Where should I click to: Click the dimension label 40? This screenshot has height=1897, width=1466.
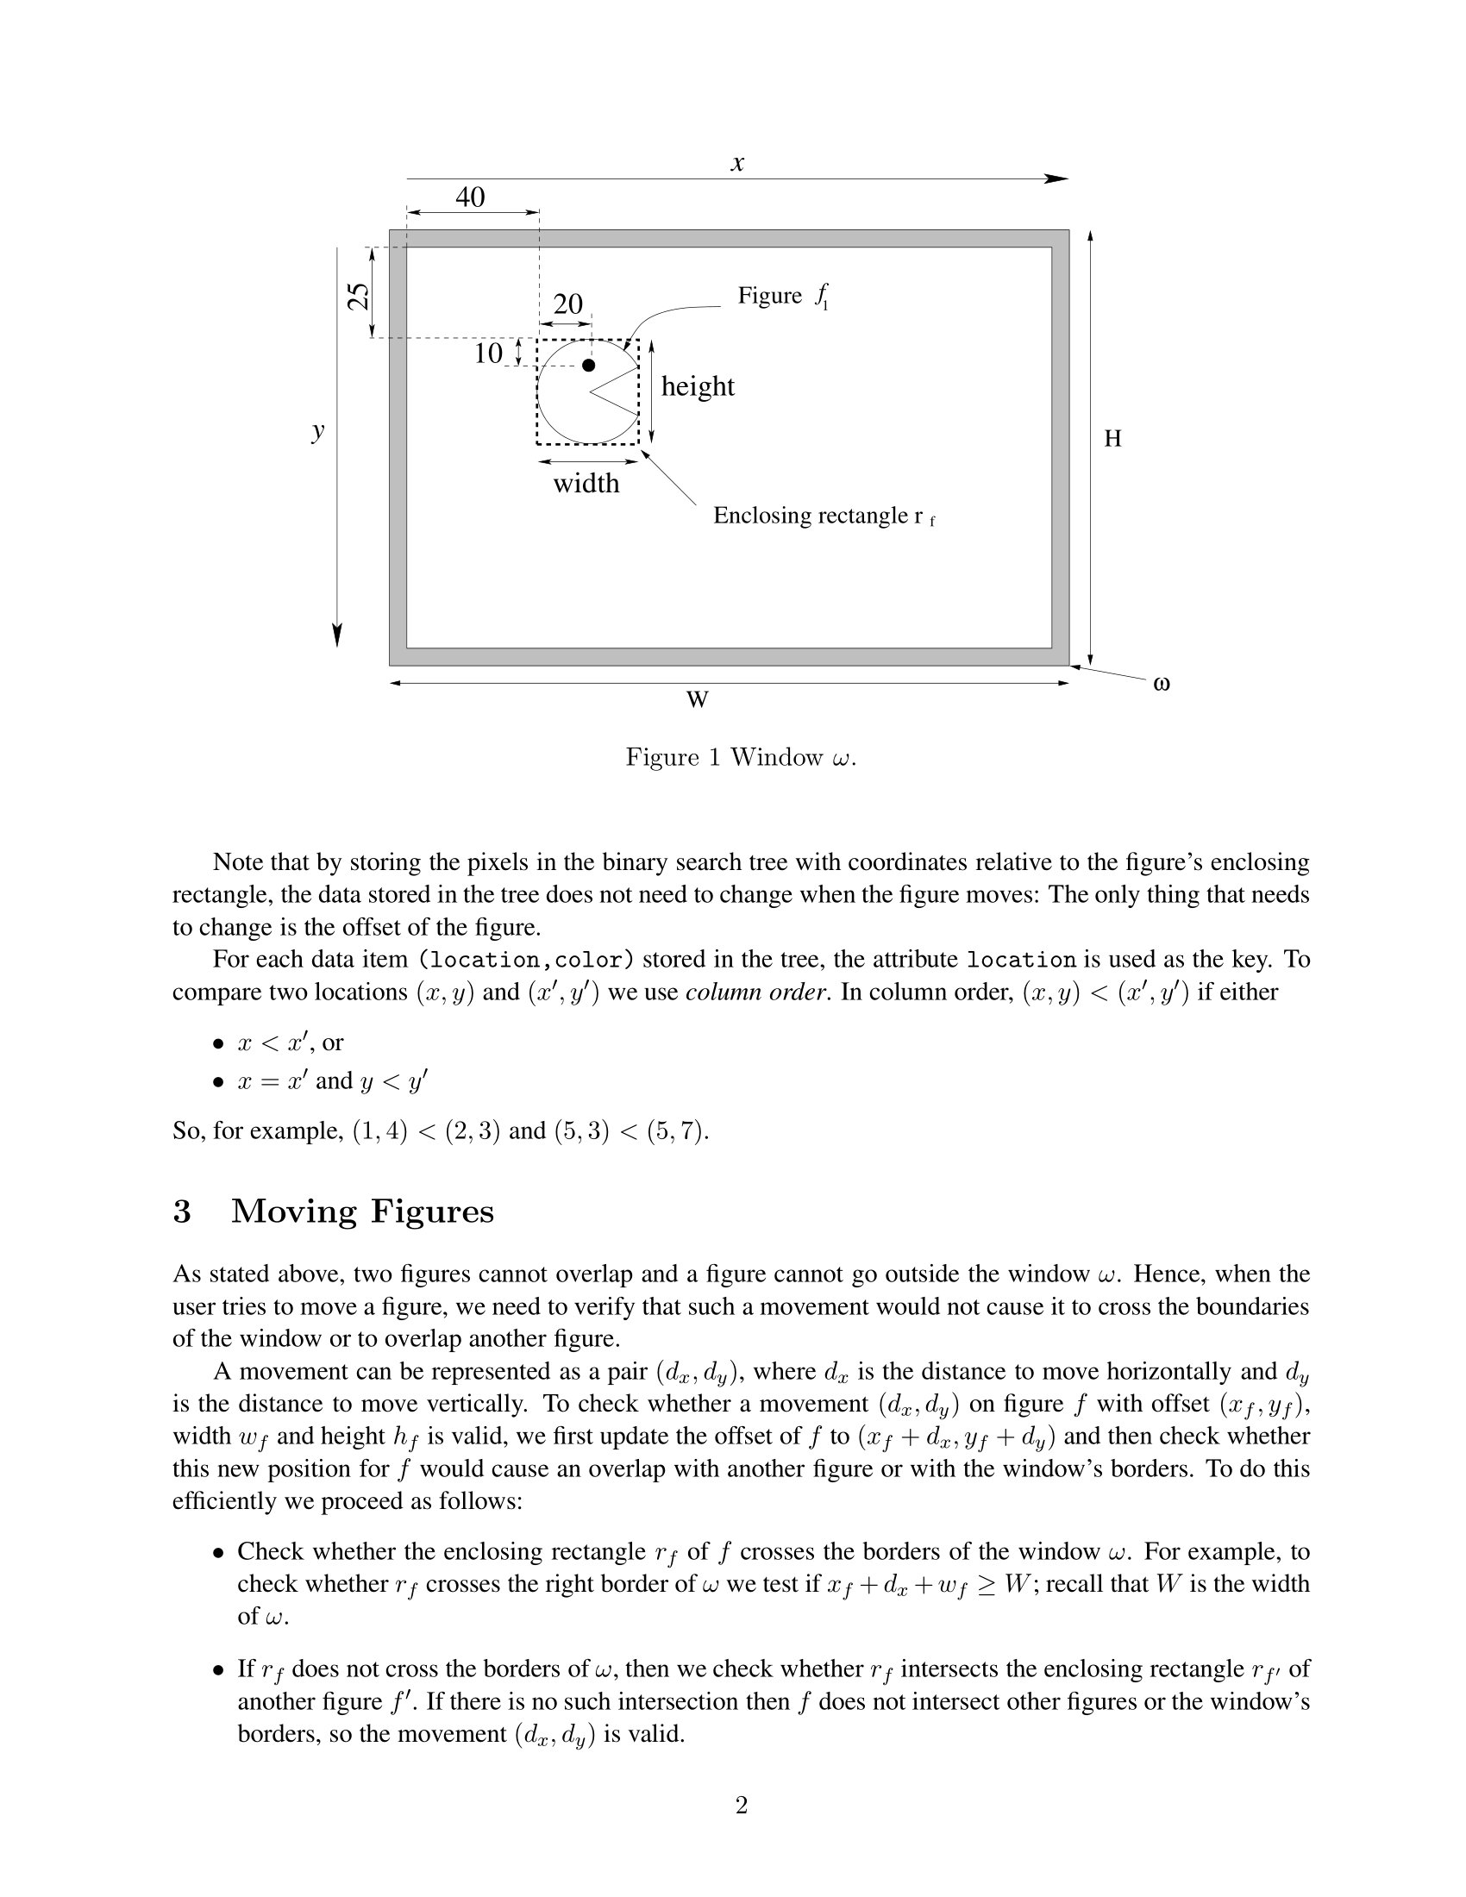[470, 197]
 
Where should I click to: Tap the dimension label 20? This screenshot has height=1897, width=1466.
[568, 304]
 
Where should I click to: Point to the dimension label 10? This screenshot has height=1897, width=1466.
[488, 354]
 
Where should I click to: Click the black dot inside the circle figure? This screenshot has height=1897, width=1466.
[589, 366]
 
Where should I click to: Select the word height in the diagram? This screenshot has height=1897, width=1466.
[698, 386]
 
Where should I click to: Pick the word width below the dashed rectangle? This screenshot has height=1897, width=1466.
[586, 483]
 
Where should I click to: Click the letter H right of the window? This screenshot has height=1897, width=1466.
[1112, 439]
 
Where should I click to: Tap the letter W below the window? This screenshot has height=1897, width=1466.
[698, 699]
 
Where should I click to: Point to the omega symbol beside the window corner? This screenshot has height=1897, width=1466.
[1162, 684]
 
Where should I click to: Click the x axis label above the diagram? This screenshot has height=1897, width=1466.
[737, 162]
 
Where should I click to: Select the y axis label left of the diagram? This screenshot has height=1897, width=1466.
[319, 430]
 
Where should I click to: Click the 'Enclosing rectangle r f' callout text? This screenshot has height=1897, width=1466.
[824, 516]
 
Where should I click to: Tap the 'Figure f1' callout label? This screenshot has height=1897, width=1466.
[782, 296]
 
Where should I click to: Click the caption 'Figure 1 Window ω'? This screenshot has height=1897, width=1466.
[741, 757]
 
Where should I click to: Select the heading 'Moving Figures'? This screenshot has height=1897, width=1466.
[362, 1211]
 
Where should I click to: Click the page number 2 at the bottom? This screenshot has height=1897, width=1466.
[742, 1806]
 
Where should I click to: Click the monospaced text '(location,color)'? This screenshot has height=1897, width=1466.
[526, 960]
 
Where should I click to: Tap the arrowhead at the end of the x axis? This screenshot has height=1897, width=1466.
[1057, 179]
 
